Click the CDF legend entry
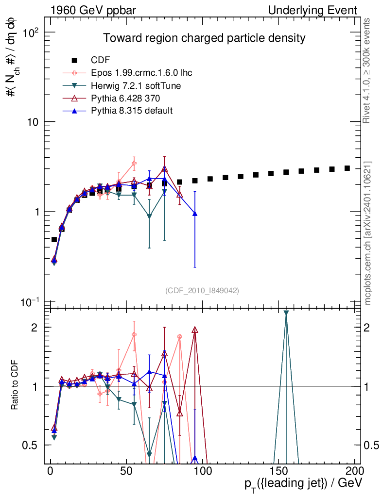100,60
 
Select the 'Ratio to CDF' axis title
15,386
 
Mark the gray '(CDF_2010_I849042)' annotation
202,290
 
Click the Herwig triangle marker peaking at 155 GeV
286,313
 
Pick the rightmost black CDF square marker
347,168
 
